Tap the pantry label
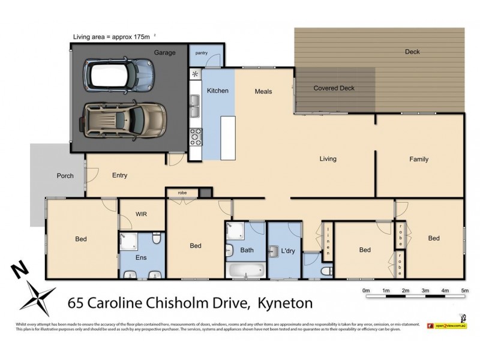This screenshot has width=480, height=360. click(201, 53)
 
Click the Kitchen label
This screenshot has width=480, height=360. click(217, 91)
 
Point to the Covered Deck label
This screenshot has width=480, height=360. click(334, 88)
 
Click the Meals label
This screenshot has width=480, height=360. click(263, 91)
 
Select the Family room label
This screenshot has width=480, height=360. click(419, 159)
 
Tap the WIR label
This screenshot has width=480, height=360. click(142, 214)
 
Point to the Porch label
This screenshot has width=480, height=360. click(65, 176)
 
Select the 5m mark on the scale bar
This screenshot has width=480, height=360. click(464, 290)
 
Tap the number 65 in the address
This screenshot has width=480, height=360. click(76, 303)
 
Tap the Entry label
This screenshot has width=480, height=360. click(119, 176)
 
